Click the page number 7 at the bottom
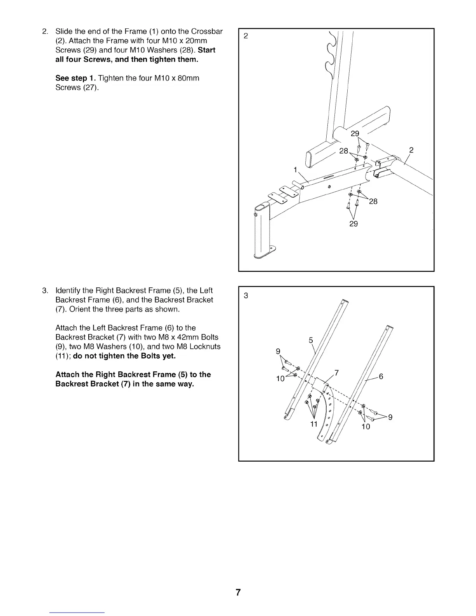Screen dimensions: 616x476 tap(238, 593)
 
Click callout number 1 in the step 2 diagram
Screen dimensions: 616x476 tap(296, 170)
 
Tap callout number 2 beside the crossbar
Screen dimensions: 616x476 tap(411, 150)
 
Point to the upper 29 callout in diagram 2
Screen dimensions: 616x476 tap(355, 134)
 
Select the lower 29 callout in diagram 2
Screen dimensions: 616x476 tap(353, 224)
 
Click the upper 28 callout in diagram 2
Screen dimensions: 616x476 tap(344, 151)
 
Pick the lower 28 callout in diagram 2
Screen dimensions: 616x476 tap(373, 201)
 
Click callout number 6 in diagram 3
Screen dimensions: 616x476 tap(381, 376)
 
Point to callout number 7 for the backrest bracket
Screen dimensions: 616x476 tap(337, 373)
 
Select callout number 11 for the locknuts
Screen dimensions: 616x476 tap(314, 423)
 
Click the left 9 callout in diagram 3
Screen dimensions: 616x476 tap(278, 352)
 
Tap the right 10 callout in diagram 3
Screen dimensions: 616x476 tap(366, 427)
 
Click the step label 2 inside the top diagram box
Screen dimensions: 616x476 tap(245, 36)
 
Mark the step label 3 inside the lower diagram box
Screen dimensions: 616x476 tap(245, 296)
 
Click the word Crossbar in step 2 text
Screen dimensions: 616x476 tap(206, 31)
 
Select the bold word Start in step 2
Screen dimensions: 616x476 tap(206, 50)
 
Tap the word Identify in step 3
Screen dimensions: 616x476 tap(69, 290)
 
